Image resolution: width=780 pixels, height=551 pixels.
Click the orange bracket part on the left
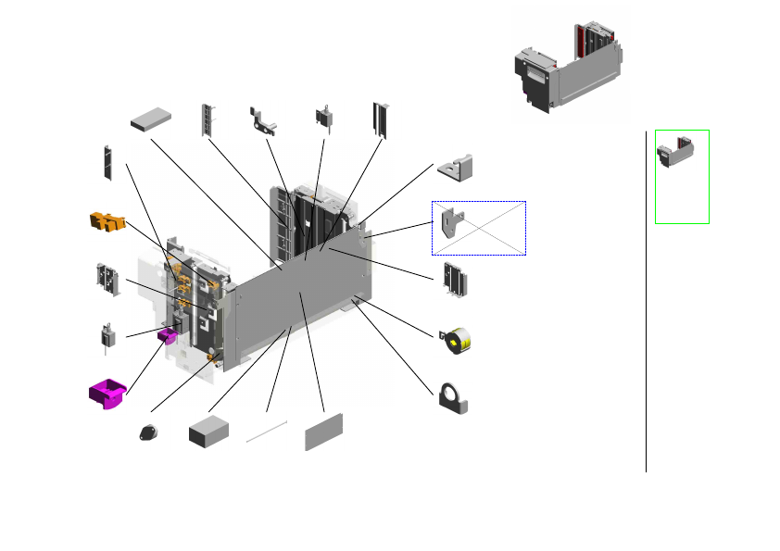coord(107,220)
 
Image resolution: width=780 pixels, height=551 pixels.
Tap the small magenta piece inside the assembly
coord(168,335)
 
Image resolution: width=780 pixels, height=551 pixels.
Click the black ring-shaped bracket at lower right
coord(454,396)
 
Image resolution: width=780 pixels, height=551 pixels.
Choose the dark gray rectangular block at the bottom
coord(208,431)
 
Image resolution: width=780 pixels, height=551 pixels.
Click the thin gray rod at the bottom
coord(267,431)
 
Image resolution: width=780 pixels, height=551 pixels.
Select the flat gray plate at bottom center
coord(324,432)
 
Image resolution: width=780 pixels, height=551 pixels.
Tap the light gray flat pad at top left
coord(152,119)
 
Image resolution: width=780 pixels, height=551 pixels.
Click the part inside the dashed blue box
coord(453,226)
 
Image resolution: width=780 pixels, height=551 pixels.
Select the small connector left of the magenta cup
coord(107,335)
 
